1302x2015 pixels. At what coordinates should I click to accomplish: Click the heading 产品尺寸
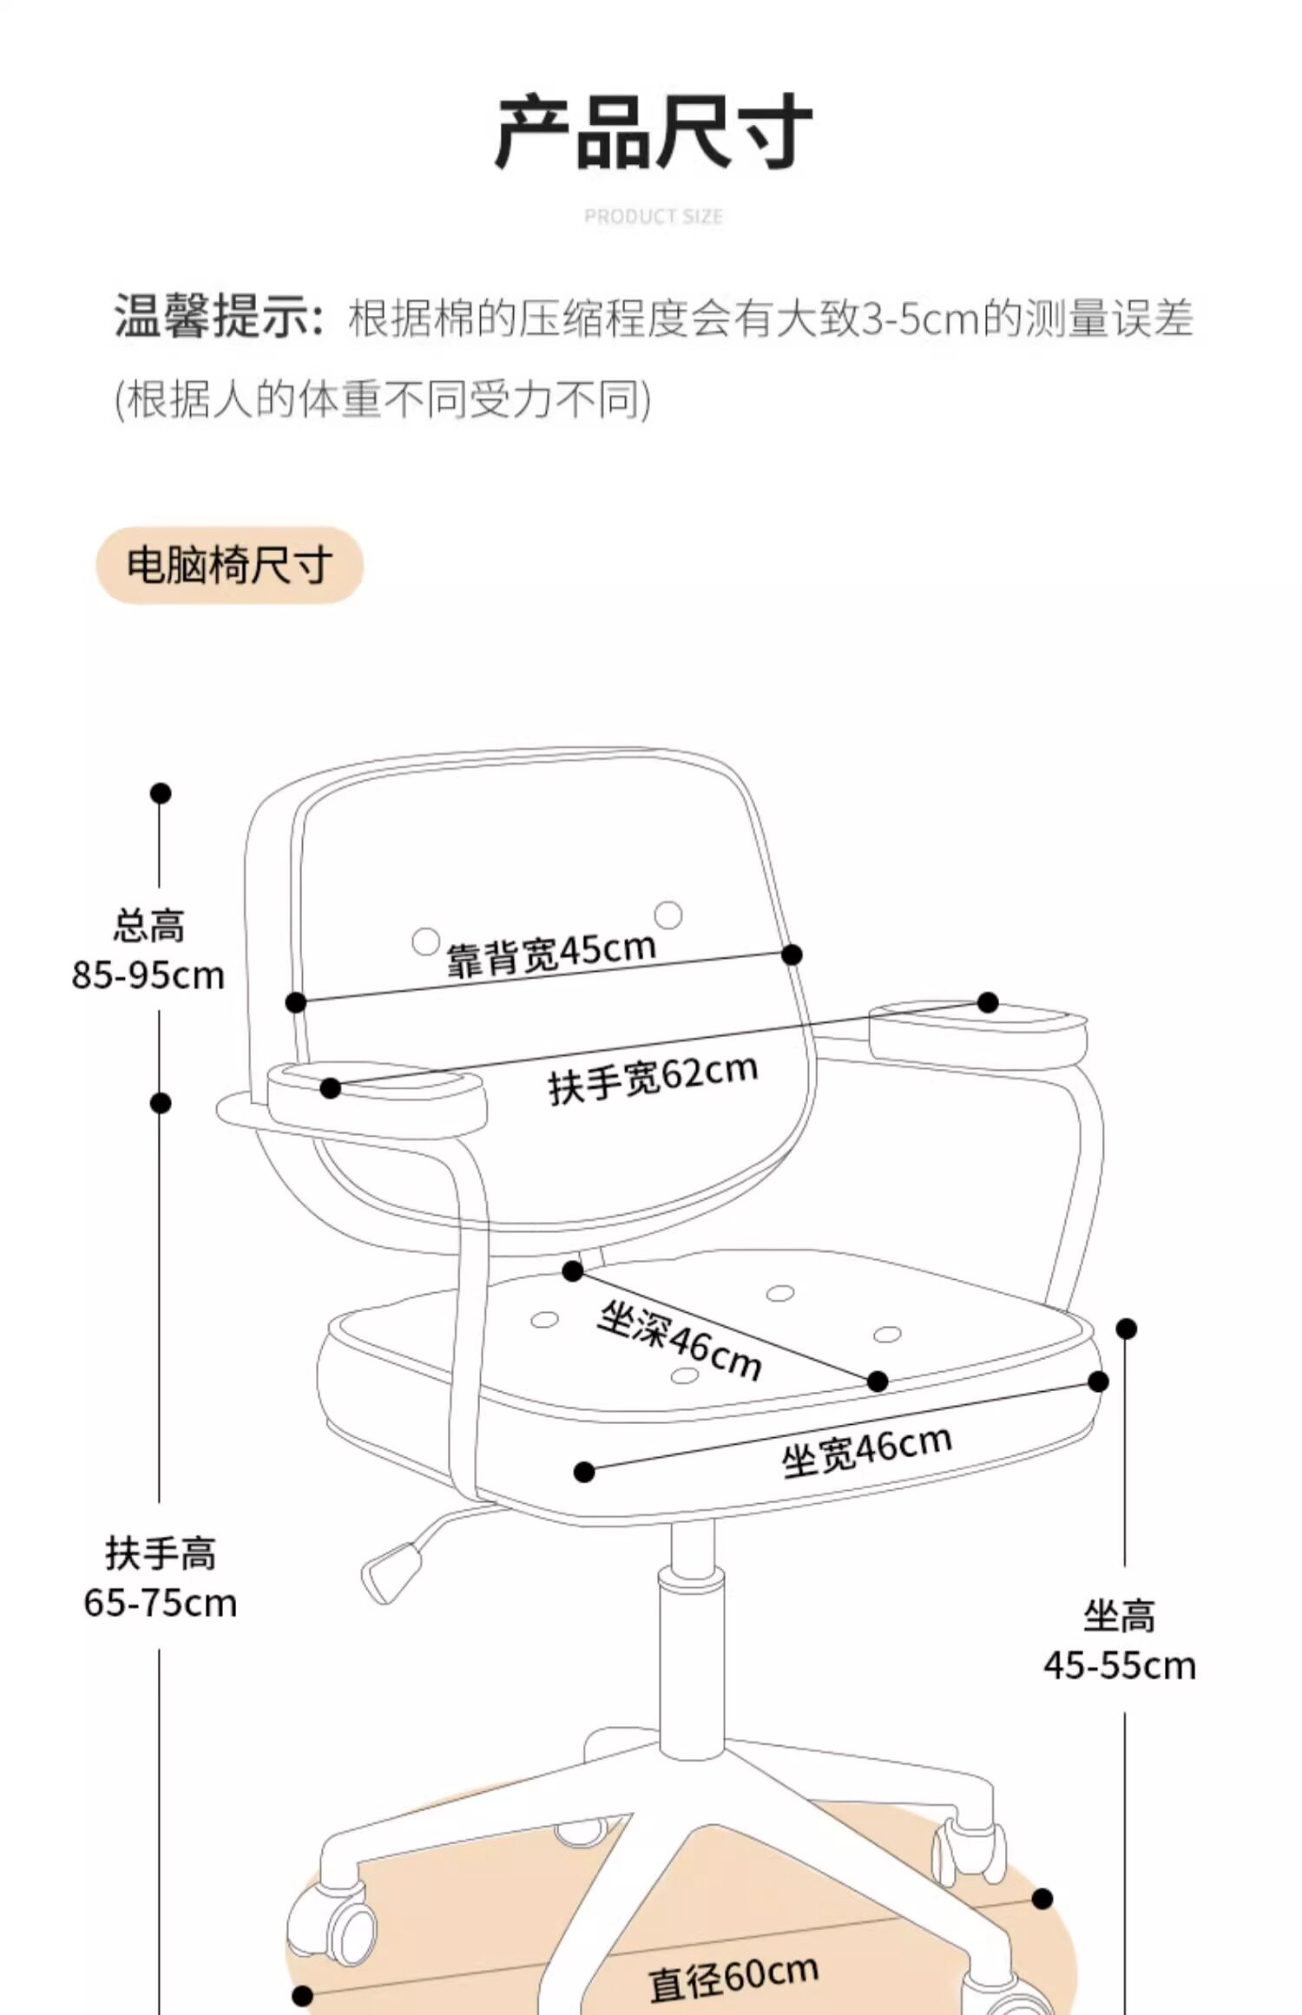tap(653, 132)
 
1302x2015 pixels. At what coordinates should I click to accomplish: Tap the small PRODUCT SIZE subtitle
tap(653, 216)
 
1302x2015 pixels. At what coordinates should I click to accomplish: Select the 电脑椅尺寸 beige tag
tap(229, 565)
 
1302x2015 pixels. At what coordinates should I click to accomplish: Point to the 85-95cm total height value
tap(148, 975)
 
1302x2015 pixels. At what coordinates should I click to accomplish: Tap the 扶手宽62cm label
tap(653, 1078)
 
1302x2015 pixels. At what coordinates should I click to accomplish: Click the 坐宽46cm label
tap(866, 1451)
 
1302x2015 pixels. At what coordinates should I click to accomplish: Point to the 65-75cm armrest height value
tap(161, 1602)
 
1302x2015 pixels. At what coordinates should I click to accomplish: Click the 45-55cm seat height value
tap(1120, 1665)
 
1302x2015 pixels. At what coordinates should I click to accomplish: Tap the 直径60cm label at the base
tap(733, 1978)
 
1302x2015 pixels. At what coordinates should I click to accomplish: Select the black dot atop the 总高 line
tap(161, 793)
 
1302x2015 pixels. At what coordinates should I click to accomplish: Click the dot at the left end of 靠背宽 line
tap(296, 1002)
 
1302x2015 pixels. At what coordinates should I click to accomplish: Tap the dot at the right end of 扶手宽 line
tap(988, 1002)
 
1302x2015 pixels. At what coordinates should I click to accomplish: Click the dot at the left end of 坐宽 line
tap(585, 1472)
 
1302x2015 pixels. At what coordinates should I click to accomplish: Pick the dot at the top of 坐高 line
tap(1127, 1329)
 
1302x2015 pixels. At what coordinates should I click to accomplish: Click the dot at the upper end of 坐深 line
tap(573, 1271)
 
